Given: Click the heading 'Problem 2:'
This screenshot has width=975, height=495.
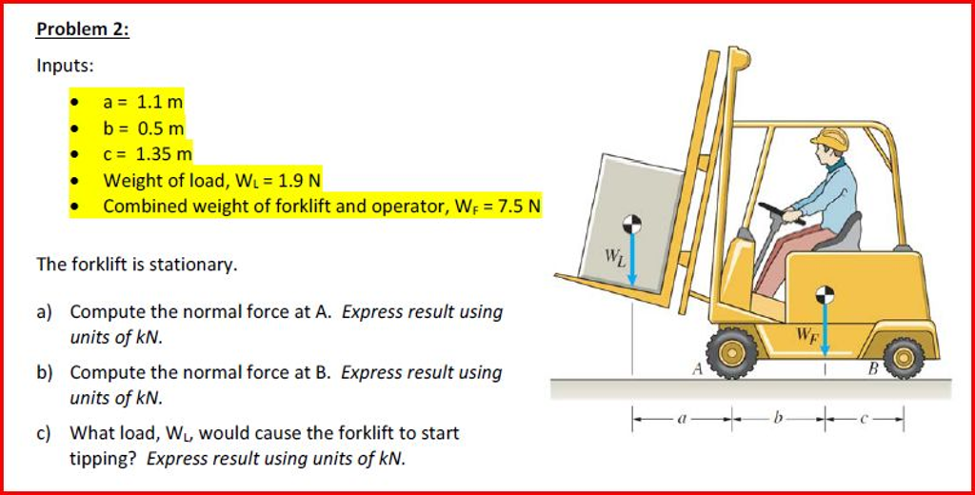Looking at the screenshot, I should (x=82, y=30).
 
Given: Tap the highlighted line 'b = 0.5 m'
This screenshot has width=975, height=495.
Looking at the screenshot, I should (x=144, y=128).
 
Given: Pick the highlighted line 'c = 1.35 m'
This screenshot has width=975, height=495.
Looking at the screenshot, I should (x=148, y=152).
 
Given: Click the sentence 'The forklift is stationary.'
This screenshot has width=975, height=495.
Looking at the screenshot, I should (x=136, y=265).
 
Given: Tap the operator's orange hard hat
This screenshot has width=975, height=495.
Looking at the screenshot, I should (x=830, y=139).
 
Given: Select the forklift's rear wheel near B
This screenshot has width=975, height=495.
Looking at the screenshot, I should (x=903, y=358).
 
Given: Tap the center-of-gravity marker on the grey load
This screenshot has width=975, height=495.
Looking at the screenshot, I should (x=630, y=225).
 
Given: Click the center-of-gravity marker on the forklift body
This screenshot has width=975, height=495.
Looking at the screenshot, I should (x=826, y=294).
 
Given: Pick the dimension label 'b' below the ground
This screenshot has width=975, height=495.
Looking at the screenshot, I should (x=780, y=416).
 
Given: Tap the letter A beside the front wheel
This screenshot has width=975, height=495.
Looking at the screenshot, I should (x=697, y=369).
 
